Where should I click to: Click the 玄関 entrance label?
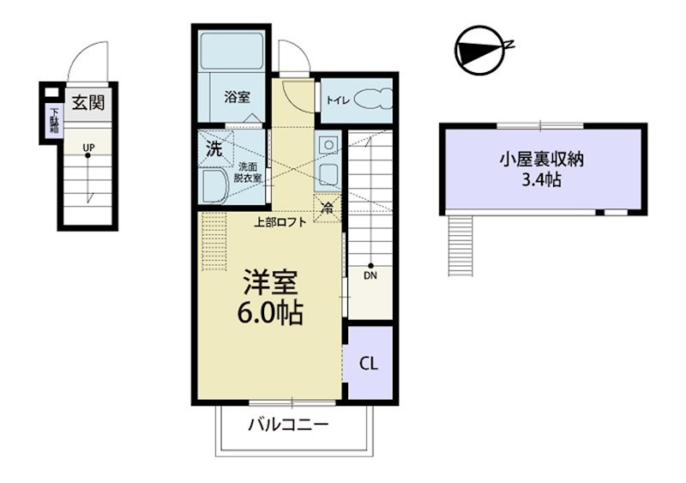[x=88, y=102]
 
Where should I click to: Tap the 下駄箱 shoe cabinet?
[x=54, y=119]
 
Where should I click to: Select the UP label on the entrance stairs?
[x=89, y=148]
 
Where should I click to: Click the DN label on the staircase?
[x=370, y=276]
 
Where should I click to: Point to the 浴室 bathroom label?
[x=238, y=97]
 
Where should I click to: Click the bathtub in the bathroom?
[x=232, y=51]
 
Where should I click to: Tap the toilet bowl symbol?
[x=373, y=100]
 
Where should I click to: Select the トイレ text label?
[x=338, y=100]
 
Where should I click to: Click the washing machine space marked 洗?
[x=215, y=148]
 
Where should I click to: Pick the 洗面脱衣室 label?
[x=248, y=172]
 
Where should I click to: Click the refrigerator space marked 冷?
[x=327, y=208]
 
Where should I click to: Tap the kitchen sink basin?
[x=328, y=176]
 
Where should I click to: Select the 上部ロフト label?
[x=280, y=222]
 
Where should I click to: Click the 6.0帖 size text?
[x=270, y=312]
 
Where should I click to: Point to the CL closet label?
[x=369, y=364]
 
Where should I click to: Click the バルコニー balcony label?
[x=288, y=425]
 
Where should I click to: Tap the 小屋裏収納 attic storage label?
[x=542, y=160]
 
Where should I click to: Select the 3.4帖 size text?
[x=542, y=179]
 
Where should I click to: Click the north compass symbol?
[x=480, y=50]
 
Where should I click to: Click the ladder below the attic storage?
[x=460, y=245]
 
